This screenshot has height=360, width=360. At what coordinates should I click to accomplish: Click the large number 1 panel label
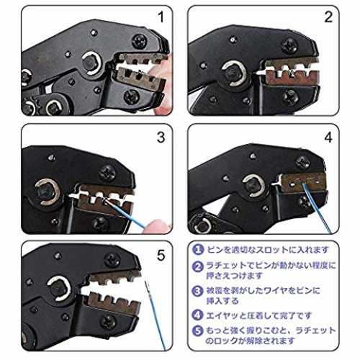161,17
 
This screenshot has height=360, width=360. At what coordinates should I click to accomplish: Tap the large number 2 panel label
328,17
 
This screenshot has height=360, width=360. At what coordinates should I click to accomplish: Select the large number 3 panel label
161,138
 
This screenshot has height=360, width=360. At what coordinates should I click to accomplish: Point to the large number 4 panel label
328,138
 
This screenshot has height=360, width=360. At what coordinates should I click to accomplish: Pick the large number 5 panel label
161,255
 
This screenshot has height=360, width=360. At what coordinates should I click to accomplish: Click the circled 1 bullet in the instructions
198,250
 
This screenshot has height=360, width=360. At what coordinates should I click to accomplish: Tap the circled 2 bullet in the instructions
198,266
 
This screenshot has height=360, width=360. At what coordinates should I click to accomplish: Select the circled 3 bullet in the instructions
198,291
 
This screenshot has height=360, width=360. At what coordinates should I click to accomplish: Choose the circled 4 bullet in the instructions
198,315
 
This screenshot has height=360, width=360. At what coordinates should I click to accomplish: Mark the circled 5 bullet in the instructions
198,331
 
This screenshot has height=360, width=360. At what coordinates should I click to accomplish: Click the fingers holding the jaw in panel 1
163,84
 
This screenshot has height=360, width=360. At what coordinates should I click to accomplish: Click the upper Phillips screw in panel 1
139,41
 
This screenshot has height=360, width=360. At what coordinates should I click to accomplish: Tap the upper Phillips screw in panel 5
112,261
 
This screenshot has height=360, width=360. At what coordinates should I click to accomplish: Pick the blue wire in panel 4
316,208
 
